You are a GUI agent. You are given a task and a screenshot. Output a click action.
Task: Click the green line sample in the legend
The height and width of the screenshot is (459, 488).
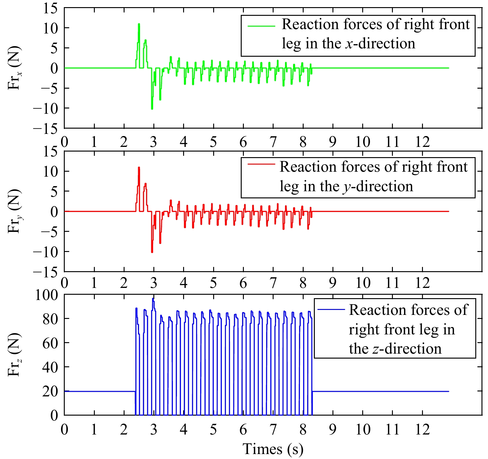coord(261,26)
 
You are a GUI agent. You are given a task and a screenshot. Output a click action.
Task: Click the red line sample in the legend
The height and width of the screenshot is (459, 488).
coord(261,164)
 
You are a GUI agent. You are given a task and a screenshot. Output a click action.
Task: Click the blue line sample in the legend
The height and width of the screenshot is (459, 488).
coord(331,309)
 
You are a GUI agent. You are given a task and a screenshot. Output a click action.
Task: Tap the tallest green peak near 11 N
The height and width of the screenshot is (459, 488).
coord(139,24)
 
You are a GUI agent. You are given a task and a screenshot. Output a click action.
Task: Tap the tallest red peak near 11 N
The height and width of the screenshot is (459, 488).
coord(139,168)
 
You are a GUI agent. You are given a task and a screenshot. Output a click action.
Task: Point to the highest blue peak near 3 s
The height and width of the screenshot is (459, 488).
coord(153,298)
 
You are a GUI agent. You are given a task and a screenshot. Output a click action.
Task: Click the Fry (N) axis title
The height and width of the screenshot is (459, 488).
coord(14,212)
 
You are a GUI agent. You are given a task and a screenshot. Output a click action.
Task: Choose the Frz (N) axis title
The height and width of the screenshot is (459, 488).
coord(14,355)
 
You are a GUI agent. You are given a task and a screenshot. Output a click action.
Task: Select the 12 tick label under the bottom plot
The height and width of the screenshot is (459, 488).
coord(423,430)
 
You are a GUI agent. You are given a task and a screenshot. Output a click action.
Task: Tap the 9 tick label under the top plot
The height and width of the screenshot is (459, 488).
coord(333,142)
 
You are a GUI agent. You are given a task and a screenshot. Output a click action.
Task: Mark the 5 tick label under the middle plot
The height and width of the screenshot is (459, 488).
coord(213,283)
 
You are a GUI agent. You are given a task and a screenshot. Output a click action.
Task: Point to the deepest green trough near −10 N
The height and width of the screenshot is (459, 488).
coord(152,109)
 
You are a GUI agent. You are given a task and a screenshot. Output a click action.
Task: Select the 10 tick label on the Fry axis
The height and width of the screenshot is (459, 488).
coord(50,172)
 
